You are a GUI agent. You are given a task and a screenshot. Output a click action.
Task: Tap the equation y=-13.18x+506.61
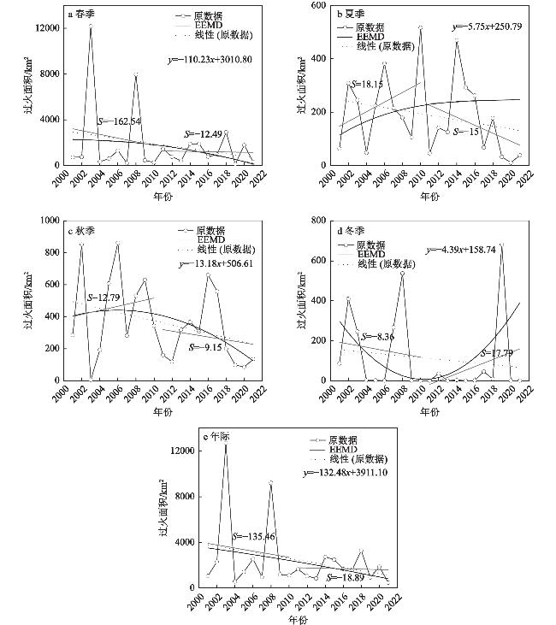pyautogui.click(x=219, y=264)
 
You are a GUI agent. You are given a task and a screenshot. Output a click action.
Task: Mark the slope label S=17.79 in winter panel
pyautogui.click(x=499, y=352)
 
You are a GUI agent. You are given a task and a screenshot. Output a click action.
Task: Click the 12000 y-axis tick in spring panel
pyautogui.click(x=46, y=28)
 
